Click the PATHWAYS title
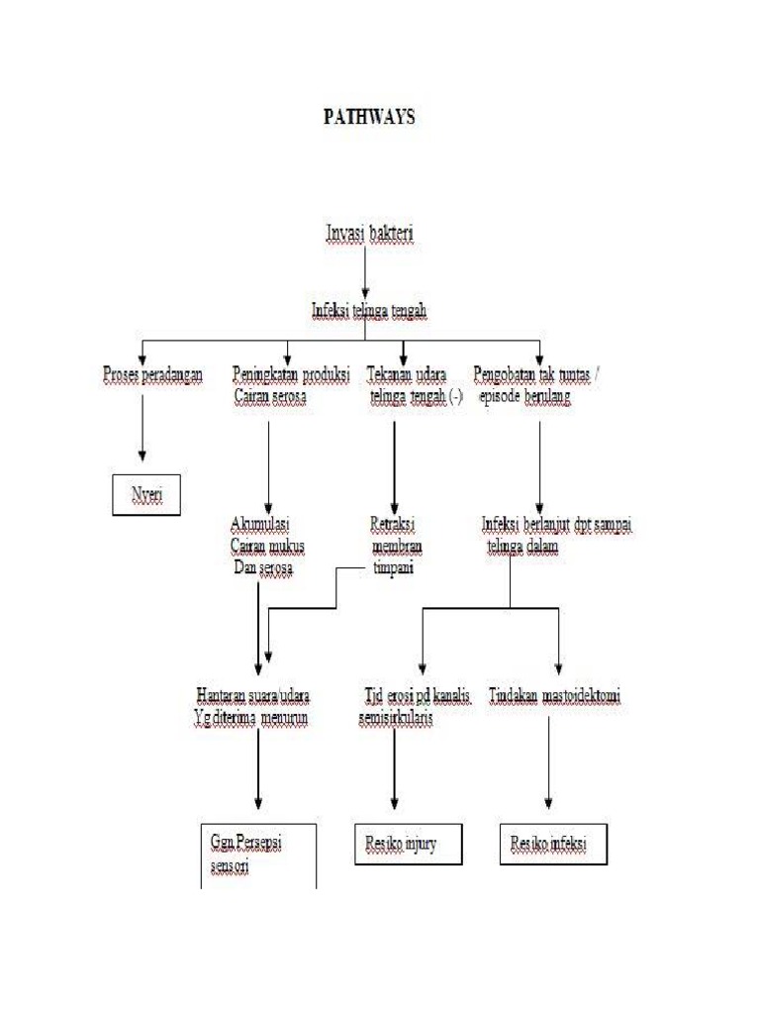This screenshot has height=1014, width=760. click(370, 117)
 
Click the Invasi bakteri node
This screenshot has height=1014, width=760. click(370, 234)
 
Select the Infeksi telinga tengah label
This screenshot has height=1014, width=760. click(370, 311)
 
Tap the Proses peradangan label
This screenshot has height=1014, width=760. click(152, 375)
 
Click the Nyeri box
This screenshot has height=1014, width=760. click(146, 494)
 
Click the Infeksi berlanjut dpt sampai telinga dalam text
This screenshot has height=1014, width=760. click(556, 535)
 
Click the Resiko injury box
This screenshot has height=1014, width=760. click(408, 844)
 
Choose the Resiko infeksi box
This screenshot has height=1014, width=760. click(550, 844)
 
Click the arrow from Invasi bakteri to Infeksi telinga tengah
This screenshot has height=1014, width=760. click(366, 272)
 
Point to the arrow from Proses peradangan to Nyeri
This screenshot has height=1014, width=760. click(142, 426)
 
